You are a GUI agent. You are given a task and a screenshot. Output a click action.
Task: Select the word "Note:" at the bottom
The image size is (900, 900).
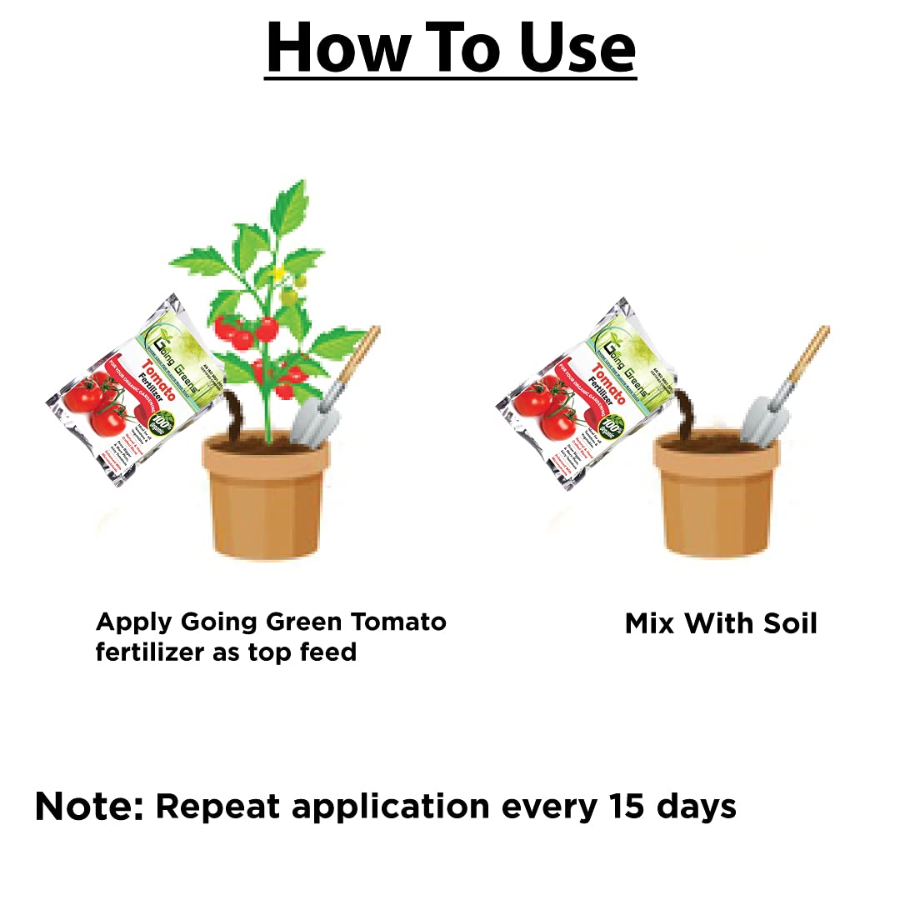pyautogui.click(x=89, y=807)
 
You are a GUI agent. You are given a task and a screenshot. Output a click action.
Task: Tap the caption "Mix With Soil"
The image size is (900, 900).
pyautogui.click(x=721, y=623)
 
